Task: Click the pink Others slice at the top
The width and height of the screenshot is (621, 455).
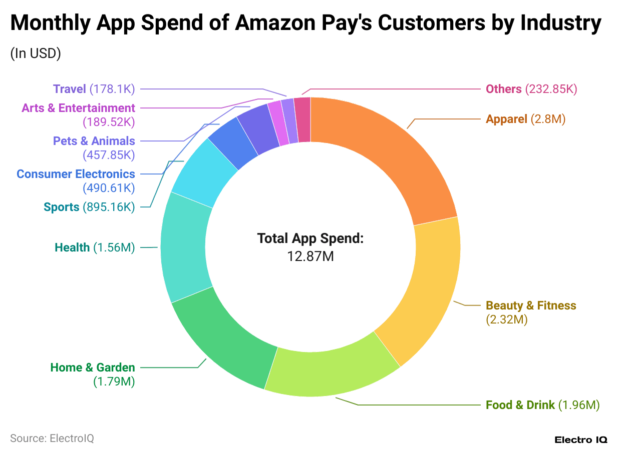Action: tap(302, 120)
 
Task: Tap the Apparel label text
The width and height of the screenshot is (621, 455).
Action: tap(506, 119)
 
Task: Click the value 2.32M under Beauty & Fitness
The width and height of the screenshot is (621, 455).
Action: tap(507, 319)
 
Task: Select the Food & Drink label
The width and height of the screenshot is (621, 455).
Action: tap(520, 404)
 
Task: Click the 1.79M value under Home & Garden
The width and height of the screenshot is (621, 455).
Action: tap(114, 381)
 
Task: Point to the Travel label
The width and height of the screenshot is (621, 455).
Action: tap(70, 89)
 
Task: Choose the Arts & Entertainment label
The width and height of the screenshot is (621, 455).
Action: tap(78, 108)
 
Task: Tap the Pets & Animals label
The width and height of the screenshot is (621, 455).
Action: tap(94, 141)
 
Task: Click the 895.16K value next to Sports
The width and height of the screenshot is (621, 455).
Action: tap(109, 207)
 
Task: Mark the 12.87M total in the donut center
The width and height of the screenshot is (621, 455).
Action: tap(310, 256)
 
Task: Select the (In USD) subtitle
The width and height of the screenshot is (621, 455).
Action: tap(36, 53)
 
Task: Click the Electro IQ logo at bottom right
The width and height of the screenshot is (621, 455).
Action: tap(580, 440)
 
